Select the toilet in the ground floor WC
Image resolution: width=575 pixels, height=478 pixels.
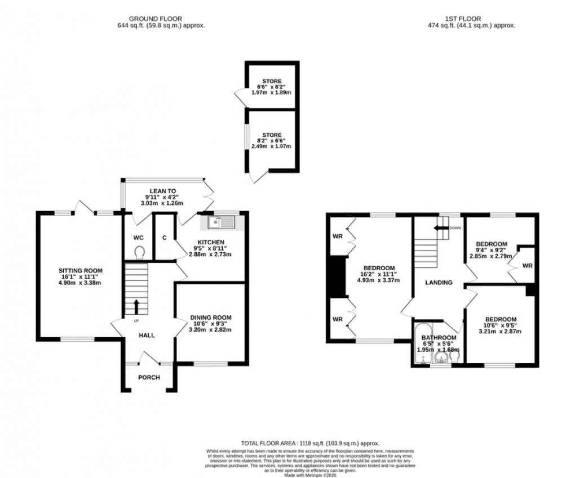139,253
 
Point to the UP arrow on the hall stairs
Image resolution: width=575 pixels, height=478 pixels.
136,307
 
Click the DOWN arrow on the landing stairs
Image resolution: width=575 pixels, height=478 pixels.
439,228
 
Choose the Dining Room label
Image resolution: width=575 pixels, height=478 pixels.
211,317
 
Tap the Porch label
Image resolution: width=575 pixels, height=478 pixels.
149,377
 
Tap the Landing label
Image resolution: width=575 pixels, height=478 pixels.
439,283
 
